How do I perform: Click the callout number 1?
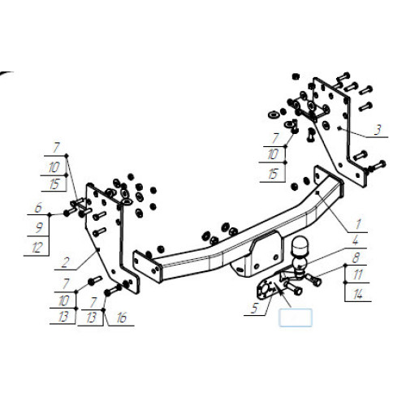point(358,224)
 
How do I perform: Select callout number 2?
point(65,262)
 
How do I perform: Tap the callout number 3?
point(378,130)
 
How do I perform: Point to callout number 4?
point(355,240)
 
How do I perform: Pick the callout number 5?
point(254,309)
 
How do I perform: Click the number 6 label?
point(38,208)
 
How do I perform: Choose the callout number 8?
point(356,257)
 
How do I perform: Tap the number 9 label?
point(39,227)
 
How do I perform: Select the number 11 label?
point(358,275)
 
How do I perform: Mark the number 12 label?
point(37,248)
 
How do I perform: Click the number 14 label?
point(358,294)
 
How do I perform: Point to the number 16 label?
point(122,317)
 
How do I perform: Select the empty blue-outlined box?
point(296,317)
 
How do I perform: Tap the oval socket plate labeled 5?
point(265,290)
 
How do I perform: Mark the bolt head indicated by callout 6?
point(67,213)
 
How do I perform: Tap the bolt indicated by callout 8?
point(314,279)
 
